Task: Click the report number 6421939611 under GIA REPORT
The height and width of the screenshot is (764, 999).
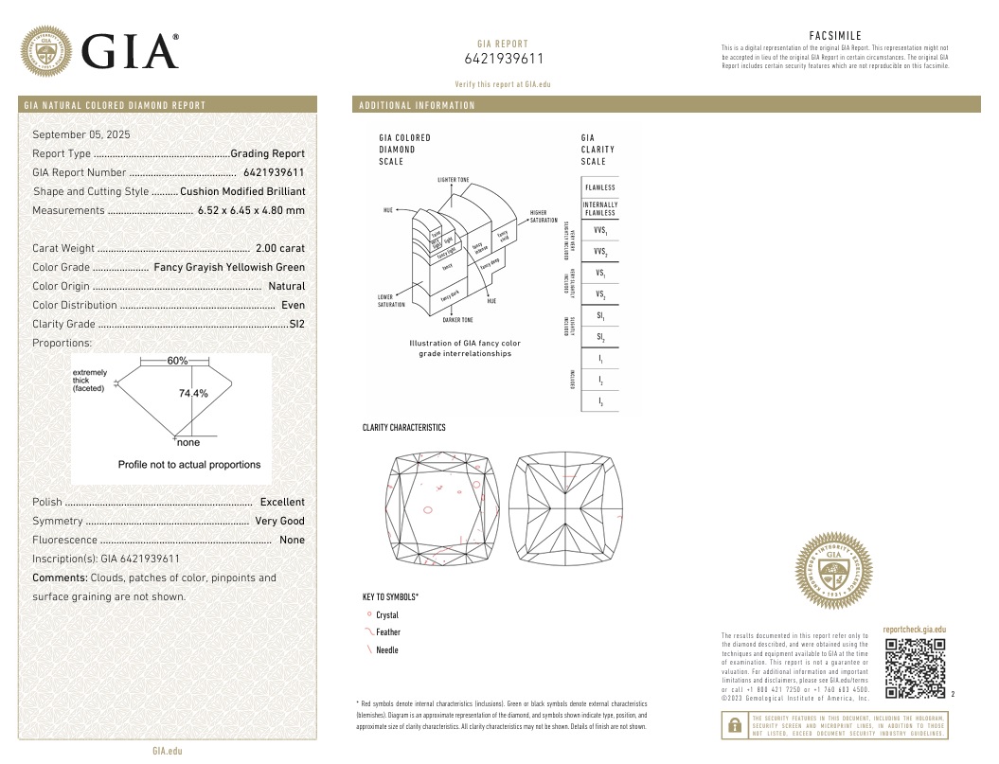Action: tap(503, 59)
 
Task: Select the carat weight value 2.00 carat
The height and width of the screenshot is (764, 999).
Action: tap(280, 248)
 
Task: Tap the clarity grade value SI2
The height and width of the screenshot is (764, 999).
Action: tap(296, 324)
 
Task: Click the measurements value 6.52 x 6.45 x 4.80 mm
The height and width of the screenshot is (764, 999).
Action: tap(251, 210)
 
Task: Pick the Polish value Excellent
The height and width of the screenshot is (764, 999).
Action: tap(282, 502)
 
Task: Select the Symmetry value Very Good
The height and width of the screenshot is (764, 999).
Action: tap(279, 521)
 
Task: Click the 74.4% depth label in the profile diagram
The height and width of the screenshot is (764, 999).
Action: tap(193, 393)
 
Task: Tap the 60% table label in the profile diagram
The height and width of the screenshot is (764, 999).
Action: tap(178, 361)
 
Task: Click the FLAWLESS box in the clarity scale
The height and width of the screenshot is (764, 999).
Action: tap(599, 187)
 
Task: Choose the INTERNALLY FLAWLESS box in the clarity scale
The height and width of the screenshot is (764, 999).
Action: tap(599, 208)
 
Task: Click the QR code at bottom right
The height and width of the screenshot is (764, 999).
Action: tap(915, 669)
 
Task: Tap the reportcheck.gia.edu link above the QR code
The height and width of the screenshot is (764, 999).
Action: tap(914, 630)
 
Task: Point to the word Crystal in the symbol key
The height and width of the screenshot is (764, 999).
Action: tap(387, 615)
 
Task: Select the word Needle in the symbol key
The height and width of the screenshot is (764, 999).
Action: tap(387, 650)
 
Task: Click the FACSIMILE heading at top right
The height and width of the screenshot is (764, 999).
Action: tap(835, 35)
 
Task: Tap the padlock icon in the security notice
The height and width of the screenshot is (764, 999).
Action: tap(734, 726)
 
